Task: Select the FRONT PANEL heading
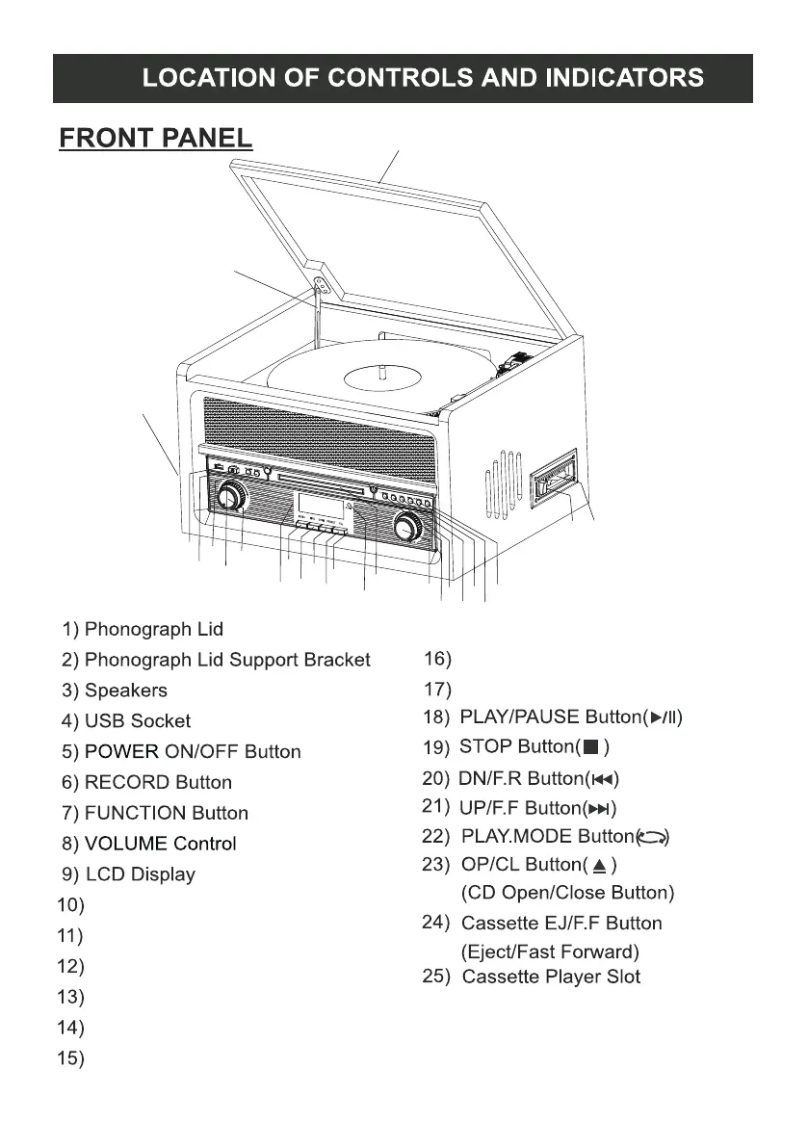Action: pos(156,139)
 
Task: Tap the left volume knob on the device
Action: pos(230,497)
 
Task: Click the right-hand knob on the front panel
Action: pos(407,526)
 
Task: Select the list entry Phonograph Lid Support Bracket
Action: pos(227,660)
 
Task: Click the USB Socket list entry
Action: pos(138,721)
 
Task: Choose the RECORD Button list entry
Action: pos(158,783)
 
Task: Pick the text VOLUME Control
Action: pos(160,845)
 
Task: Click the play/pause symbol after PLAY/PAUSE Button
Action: pos(665,717)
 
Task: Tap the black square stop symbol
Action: pos(593,746)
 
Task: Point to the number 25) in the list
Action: pos(438,977)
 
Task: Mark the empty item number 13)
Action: pos(71,997)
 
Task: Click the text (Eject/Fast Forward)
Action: pos(551,952)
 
